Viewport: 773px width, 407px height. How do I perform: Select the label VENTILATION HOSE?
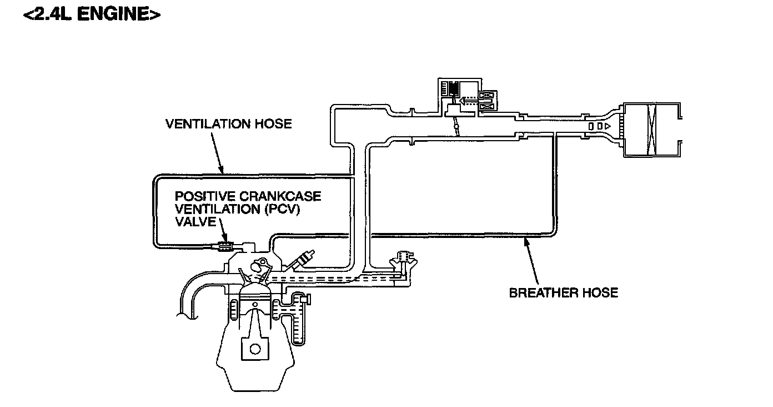coord(228,123)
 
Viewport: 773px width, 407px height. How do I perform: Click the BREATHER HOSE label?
coord(563,292)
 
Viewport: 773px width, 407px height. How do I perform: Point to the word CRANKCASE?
coord(284,196)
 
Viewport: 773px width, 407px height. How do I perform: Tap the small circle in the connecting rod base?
coord(255,349)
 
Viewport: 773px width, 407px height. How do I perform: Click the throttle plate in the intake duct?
coord(456,127)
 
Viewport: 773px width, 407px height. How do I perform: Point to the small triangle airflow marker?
coord(609,127)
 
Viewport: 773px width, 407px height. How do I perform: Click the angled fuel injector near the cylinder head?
coord(305,259)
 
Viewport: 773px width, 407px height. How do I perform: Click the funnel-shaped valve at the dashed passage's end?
coord(405,259)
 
